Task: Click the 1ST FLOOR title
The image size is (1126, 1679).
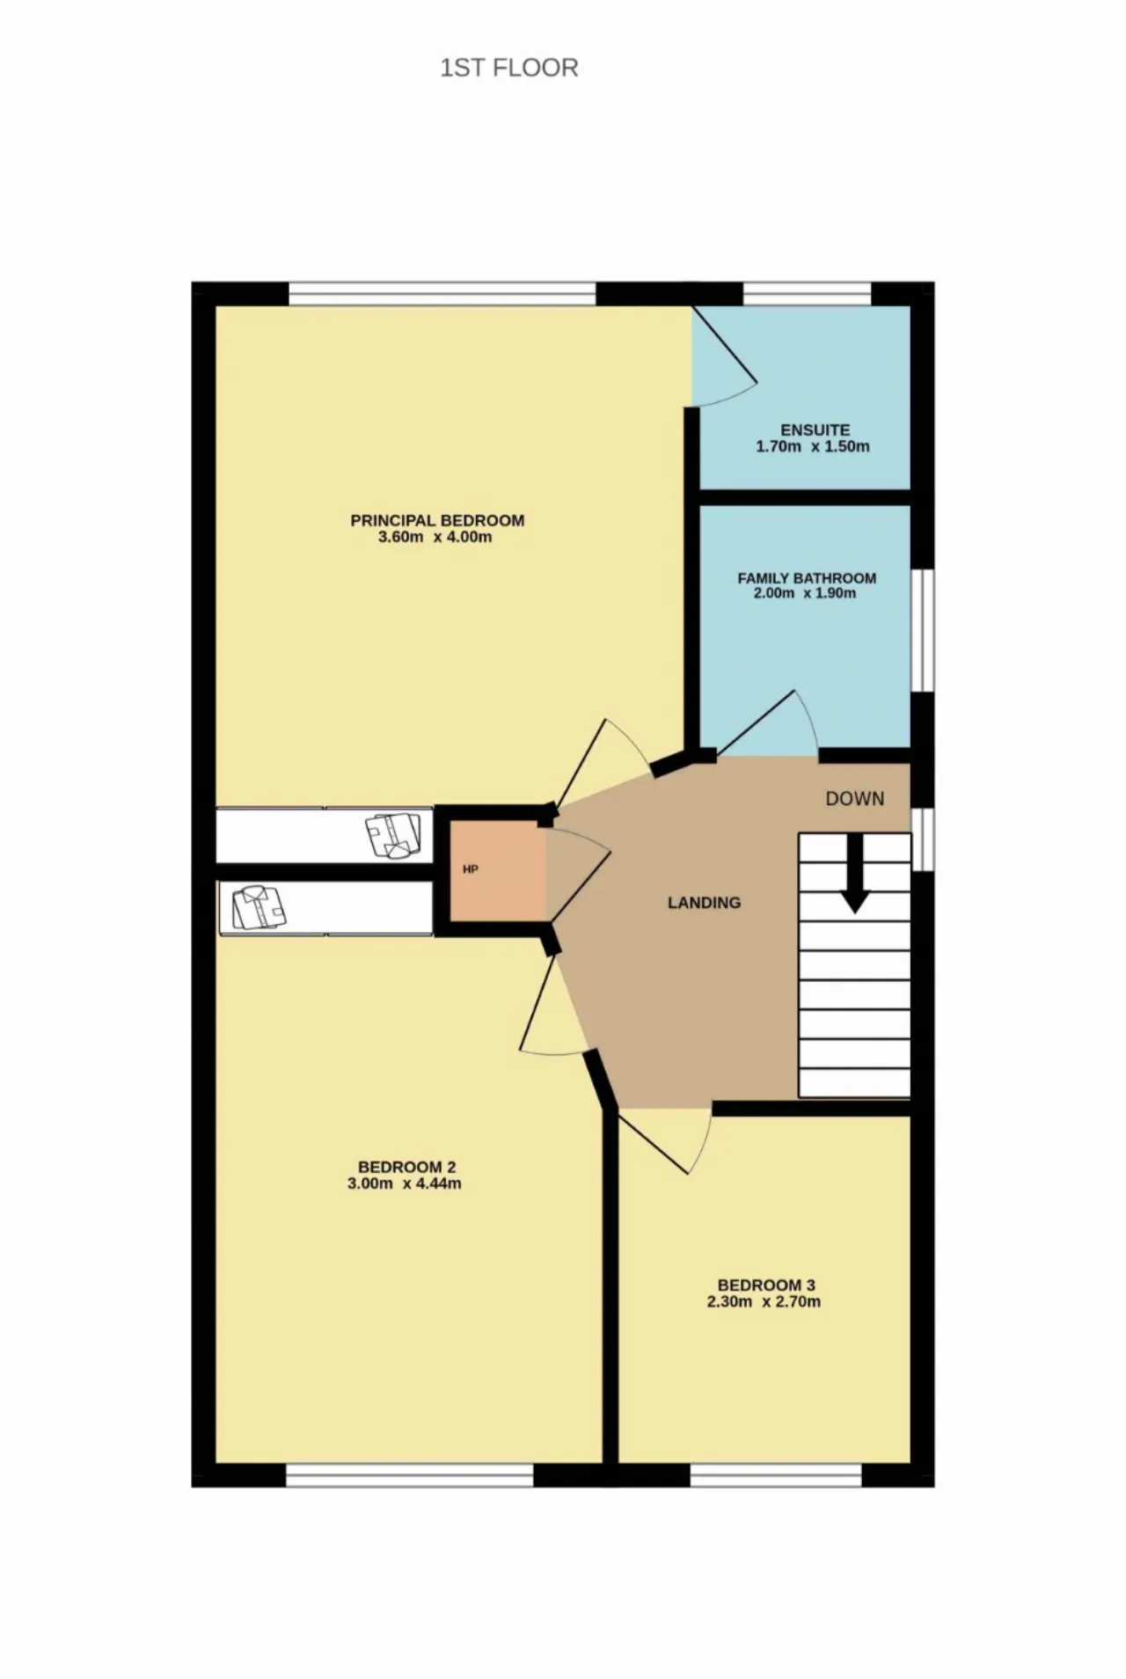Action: click(x=509, y=68)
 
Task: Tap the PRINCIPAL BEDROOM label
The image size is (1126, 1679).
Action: click(x=437, y=520)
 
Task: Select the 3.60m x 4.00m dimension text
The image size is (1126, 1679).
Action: click(x=435, y=537)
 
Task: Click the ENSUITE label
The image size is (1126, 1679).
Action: click(x=815, y=430)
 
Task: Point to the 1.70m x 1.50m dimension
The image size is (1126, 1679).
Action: click(x=813, y=446)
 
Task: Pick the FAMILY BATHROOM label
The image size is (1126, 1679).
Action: click(x=807, y=578)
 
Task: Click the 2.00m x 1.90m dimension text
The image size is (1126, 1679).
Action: click(x=805, y=593)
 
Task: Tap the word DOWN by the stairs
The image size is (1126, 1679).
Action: click(x=855, y=799)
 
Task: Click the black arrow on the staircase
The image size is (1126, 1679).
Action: click(x=855, y=873)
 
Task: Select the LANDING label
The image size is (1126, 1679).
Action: click(x=704, y=903)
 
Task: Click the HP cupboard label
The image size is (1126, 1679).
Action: click(x=471, y=869)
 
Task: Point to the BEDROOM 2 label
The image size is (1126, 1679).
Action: click(x=406, y=1168)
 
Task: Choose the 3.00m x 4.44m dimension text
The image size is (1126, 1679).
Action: click(x=405, y=1184)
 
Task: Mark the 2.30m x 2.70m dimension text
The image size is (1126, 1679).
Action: click(x=764, y=1301)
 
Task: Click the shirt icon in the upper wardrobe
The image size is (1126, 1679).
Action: click(x=395, y=835)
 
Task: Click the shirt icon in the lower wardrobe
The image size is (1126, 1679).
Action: click(x=260, y=908)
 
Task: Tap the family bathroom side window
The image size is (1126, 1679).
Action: click(x=923, y=630)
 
